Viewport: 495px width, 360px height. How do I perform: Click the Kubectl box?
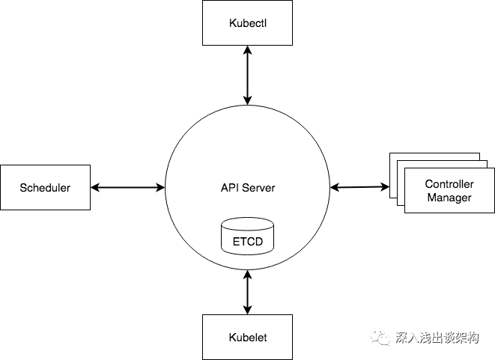(x=247, y=22)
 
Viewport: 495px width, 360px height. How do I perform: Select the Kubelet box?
(x=247, y=337)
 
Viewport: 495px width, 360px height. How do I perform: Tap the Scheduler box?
(x=45, y=187)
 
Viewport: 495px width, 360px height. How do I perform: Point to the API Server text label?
(x=247, y=187)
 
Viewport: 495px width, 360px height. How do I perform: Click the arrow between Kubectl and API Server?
(x=247, y=75)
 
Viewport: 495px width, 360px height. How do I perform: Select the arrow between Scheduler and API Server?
(x=127, y=187)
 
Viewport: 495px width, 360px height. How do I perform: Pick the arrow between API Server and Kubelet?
(x=247, y=292)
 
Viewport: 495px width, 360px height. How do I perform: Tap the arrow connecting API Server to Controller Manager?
(x=359, y=186)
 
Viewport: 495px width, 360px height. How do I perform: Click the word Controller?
(x=449, y=184)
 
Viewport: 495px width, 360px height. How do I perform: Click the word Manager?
(x=449, y=198)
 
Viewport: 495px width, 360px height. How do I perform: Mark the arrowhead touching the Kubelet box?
(x=247, y=309)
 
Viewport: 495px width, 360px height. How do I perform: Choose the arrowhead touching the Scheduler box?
(x=95, y=187)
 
